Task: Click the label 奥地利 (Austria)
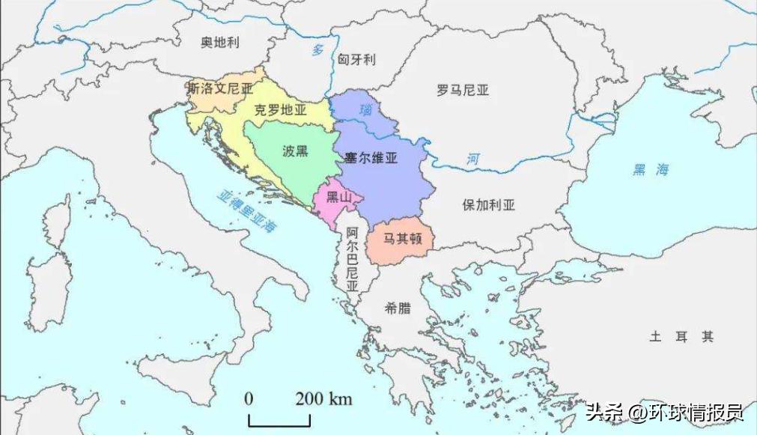coord(219,43)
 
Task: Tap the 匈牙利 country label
coord(356,59)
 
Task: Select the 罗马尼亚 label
coord(463,91)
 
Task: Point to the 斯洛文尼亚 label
coord(220,88)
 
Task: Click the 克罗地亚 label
coord(281,109)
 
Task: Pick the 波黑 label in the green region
coord(295,151)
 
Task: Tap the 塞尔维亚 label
coord(371,158)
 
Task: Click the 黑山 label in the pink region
coord(338,198)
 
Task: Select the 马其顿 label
coord(404,240)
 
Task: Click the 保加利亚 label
coord(489,204)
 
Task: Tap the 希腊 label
coord(398,308)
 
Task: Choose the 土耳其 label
coord(681,337)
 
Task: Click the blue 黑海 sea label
coord(650,170)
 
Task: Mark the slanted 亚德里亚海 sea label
coord(247,211)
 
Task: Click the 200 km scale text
coord(323,398)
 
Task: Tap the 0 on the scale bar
coord(249,398)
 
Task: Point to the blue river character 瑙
coord(365,110)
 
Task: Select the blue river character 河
coord(472,159)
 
